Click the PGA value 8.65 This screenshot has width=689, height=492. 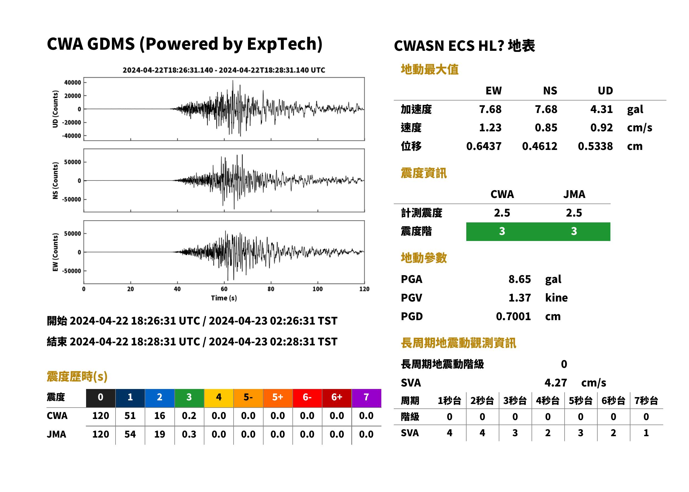click(x=519, y=279)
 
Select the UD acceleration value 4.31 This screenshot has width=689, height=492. click(x=601, y=109)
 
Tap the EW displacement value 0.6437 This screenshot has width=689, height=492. click(x=483, y=146)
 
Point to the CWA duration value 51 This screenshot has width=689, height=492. click(x=130, y=416)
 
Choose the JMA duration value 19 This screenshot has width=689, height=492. click(x=159, y=434)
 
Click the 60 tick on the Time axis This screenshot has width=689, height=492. click(x=224, y=289)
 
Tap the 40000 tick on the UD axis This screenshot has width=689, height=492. click(x=72, y=82)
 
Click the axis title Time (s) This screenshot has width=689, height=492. click(x=224, y=298)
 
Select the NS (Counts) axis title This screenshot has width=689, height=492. click(x=55, y=180)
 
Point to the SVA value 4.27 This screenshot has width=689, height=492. click(x=555, y=383)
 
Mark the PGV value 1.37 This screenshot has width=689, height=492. click(x=519, y=298)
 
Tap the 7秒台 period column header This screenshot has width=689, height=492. click(x=646, y=401)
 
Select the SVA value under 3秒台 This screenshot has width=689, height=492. click(x=515, y=433)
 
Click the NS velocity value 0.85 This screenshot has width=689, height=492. click(x=546, y=127)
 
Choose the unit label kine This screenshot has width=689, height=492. click(x=556, y=298)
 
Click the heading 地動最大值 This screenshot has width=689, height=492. click(x=429, y=69)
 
